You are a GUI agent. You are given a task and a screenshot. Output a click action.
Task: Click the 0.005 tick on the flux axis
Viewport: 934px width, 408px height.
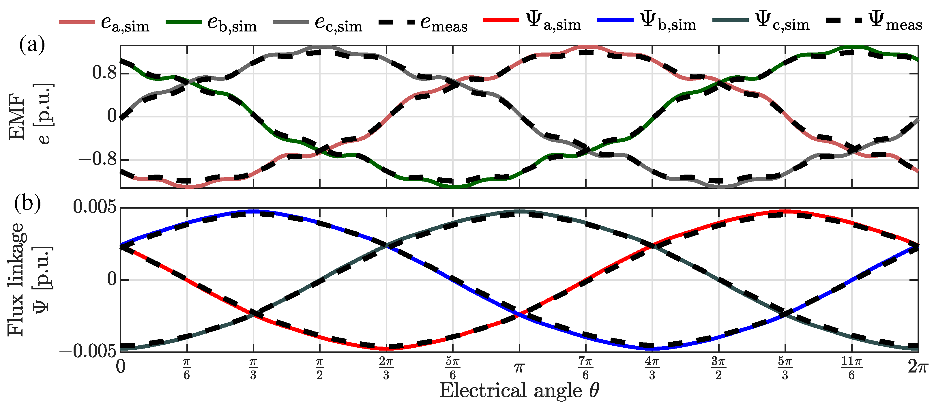(95, 207)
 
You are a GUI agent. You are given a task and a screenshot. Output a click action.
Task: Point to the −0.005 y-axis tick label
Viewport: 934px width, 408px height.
(88, 351)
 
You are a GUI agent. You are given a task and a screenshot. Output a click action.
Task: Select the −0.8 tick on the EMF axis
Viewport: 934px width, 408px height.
(98, 159)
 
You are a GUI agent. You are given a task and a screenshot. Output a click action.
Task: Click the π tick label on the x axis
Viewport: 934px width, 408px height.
(519, 368)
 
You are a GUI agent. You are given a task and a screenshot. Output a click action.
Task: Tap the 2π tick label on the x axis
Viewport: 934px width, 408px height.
(918, 367)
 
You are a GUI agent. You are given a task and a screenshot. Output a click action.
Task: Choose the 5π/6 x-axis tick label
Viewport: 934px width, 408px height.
(452, 368)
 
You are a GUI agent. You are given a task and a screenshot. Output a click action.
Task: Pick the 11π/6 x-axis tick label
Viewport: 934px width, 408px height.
(851, 368)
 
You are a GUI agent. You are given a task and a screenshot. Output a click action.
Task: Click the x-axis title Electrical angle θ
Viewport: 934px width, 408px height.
(519, 391)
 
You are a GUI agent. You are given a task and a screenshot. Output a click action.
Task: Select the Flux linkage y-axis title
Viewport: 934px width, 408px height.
(16, 279)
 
